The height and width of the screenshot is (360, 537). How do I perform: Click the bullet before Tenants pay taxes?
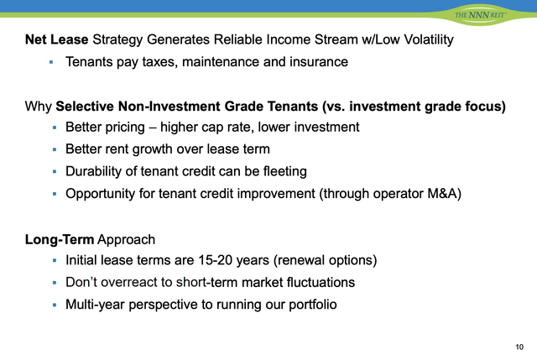[51, 62]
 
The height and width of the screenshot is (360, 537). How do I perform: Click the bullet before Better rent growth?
[51, 149]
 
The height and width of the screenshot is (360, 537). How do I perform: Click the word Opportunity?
[103, 193]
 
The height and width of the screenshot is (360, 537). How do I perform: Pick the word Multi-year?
[96, 304]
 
